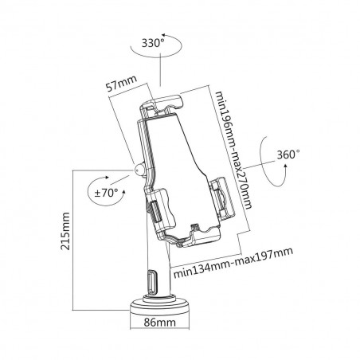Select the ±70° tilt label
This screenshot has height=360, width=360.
coord(107,192)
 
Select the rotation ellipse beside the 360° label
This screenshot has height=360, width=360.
coord(267,163)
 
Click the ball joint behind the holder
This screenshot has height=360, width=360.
coord(139,170)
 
